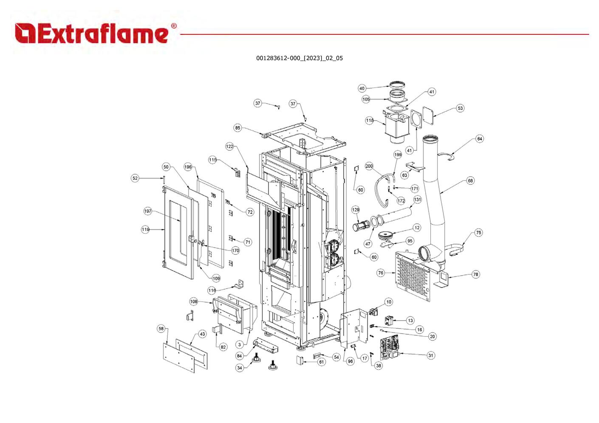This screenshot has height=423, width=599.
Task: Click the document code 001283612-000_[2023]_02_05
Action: click(299, 58)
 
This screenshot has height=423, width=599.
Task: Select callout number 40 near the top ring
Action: click(362, 88)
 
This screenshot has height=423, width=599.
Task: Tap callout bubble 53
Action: click(460, 108)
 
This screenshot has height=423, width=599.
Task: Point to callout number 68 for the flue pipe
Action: click(470, 180)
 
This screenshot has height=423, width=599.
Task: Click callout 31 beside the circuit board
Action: click(431, 355)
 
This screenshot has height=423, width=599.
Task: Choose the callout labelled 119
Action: click(146, 229)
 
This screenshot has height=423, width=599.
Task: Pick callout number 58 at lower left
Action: click(161, 329)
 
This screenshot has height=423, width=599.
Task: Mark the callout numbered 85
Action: click(237, 128)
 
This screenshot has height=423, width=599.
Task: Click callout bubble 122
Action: click(230, 147)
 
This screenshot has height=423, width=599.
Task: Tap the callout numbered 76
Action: click(381, 273)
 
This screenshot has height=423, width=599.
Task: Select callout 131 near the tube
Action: click(418, 199)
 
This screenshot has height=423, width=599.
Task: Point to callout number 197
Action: click(148, 211)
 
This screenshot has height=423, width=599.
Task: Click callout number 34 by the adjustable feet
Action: click(240, 368)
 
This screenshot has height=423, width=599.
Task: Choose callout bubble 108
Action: click(194, 302)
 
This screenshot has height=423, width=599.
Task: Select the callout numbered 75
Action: click(479, 233)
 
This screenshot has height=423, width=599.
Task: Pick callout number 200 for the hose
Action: click(369, 166)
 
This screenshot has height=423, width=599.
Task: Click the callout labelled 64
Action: click(480, 139)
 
